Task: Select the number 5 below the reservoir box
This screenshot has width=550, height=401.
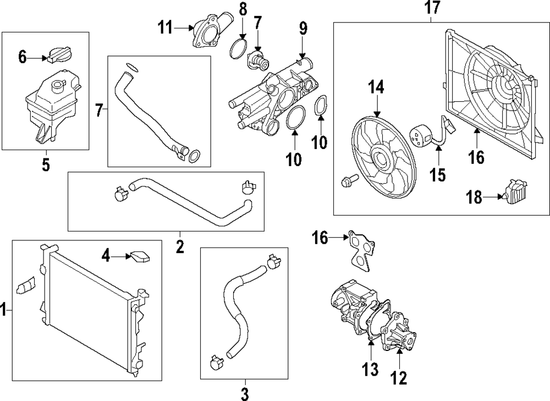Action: click(46, 164)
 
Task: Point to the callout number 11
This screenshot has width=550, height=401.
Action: click(164, 26)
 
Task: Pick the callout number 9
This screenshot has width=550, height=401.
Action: click(302, 28)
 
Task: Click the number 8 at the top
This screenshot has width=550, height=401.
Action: click(244, 9)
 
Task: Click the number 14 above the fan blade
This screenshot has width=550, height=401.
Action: click(376, 87)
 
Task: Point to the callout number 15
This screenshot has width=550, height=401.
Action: click(438, 175)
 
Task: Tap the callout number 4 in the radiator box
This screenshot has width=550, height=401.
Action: click(106, 255)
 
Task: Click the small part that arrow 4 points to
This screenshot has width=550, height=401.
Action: click(140, 256)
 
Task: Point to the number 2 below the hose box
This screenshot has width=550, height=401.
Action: click(180, 247)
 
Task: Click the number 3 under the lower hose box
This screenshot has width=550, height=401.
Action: click(245, 394)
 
